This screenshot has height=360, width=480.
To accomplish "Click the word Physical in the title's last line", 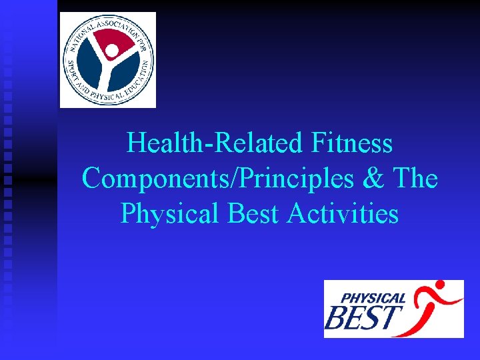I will click(x=169, y=214).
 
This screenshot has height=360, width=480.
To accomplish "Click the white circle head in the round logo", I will click(x=113, y=50).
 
